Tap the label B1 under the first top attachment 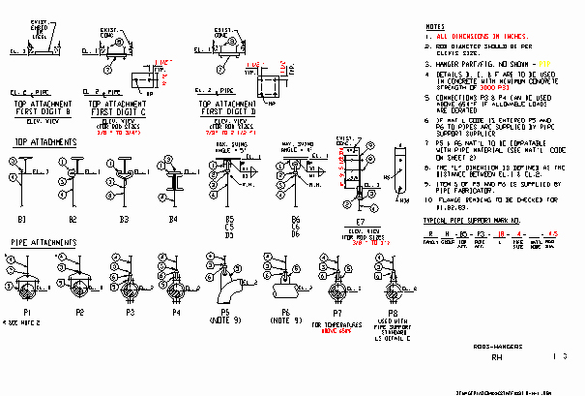pyautogui.click(x=21, y=220)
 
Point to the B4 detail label pyautogui.click(x=172, y=220)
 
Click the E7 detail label pyautogui.click(x=360, y=222)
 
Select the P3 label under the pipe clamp pyautogui.click(x=131, y=312)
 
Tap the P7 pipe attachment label pyautogui.click(x=336, y=314)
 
